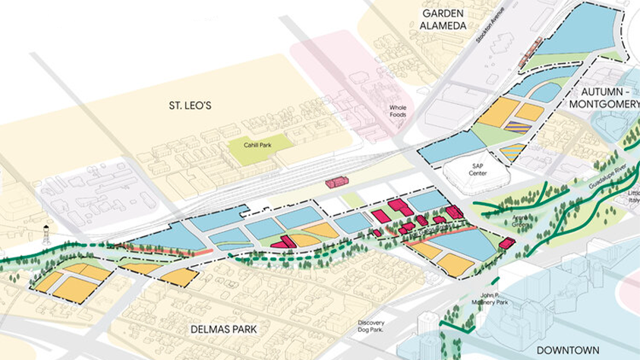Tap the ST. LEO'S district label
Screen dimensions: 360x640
pos(189,106)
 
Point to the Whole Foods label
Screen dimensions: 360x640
pos(398,112)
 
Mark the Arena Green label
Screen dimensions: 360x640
pos(520,221)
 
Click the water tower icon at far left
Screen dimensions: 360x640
pos(47,235)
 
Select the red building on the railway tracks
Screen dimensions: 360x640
pos(336,182)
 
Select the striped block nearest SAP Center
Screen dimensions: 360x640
pos(512,150)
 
